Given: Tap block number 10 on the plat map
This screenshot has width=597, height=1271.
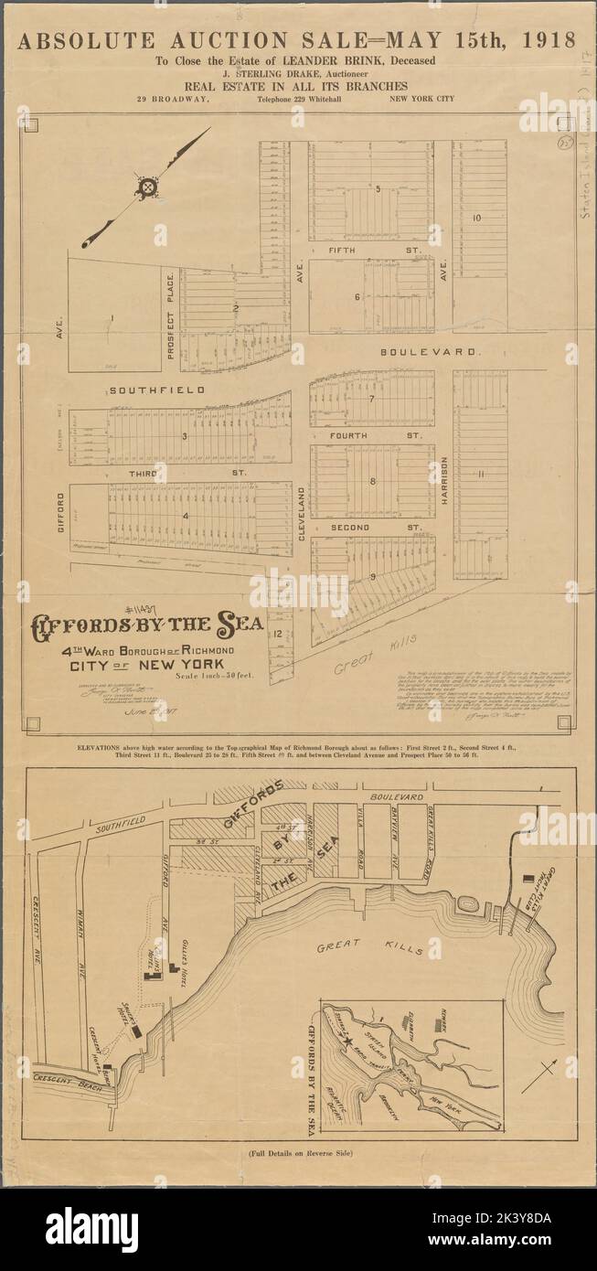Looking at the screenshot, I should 477,219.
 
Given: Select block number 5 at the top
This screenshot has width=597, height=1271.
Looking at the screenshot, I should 377,188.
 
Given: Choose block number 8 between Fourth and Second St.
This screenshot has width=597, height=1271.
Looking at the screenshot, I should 372,480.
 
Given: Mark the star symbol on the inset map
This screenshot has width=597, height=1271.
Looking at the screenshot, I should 346,1041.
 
